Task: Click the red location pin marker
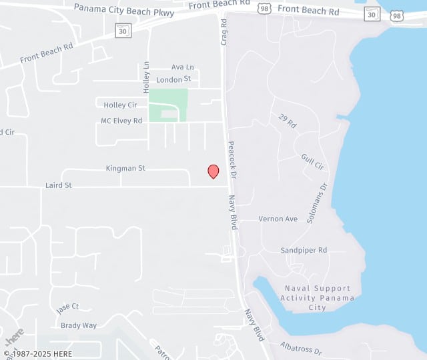point(213,171)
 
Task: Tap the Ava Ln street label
point(182,67)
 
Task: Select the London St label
point(173,79)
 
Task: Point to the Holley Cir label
point(120,105)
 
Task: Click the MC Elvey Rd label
point(121,121)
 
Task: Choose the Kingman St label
point(125,169)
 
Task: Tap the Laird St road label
point(59,185)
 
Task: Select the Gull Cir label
point(312,161)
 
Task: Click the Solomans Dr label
point(319,203)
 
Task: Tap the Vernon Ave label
point(278,219)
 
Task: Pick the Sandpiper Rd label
point(304,250)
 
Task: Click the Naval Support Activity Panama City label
point(317,297)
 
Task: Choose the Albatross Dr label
point(301,347)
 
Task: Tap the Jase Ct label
point(67,307)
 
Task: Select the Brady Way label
point(79,325)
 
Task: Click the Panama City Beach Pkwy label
point(124,8)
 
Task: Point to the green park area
point(167,105)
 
